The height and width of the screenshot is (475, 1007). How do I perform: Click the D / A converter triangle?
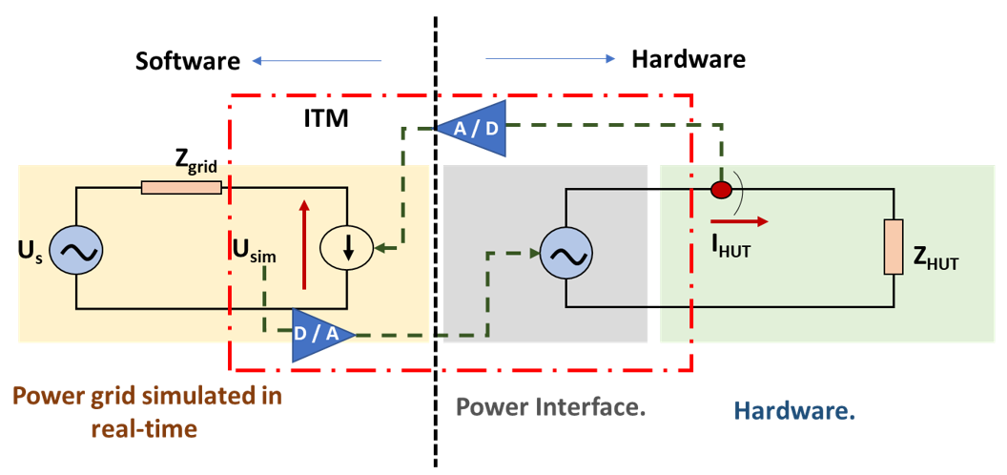(319, 335)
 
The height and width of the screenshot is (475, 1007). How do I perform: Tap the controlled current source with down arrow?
(347, 250)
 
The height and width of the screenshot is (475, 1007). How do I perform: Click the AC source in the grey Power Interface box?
(565, 255)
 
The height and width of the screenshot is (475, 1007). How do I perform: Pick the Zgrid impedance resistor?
(181, 188)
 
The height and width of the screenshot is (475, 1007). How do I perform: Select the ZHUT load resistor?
(892, 246)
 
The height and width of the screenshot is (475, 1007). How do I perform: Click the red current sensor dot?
(722, 190)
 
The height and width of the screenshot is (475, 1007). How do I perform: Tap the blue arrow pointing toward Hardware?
(550, 59)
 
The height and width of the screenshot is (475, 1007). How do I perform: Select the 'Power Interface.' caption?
(551, 407)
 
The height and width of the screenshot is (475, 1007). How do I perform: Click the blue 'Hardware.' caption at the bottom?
(794, 411)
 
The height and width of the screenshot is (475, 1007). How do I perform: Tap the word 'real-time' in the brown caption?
(144, 429)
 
